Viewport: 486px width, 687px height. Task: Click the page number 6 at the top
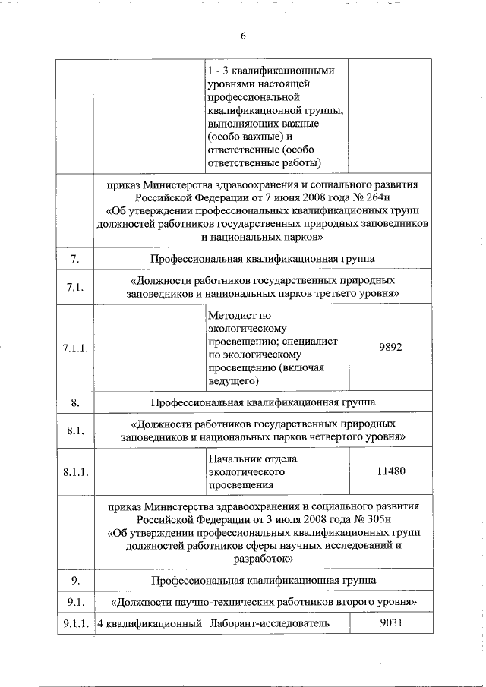tap(244, 35)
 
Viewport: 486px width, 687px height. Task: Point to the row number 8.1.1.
tap(75, 472)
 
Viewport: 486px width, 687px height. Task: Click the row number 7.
tap(75, 260)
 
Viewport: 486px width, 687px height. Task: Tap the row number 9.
tap(75, 581)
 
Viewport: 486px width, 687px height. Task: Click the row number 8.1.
tap(75, 430)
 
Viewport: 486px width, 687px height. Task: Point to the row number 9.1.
tap(75, 603)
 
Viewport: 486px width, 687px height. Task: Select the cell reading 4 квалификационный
tap(147, 624)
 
